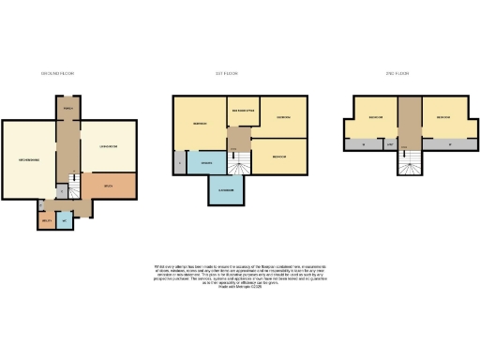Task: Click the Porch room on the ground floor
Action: [x=67, y=109]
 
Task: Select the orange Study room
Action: [x=109, y=187]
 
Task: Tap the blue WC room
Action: [x=63, y=221]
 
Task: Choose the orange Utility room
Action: [x=46, y=222]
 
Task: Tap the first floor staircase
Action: [x=241, y=165]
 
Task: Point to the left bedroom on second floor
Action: [x=376, y=117]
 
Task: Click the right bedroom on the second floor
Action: [x=442, y=117]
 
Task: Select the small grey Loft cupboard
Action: [x=389, y=145]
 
